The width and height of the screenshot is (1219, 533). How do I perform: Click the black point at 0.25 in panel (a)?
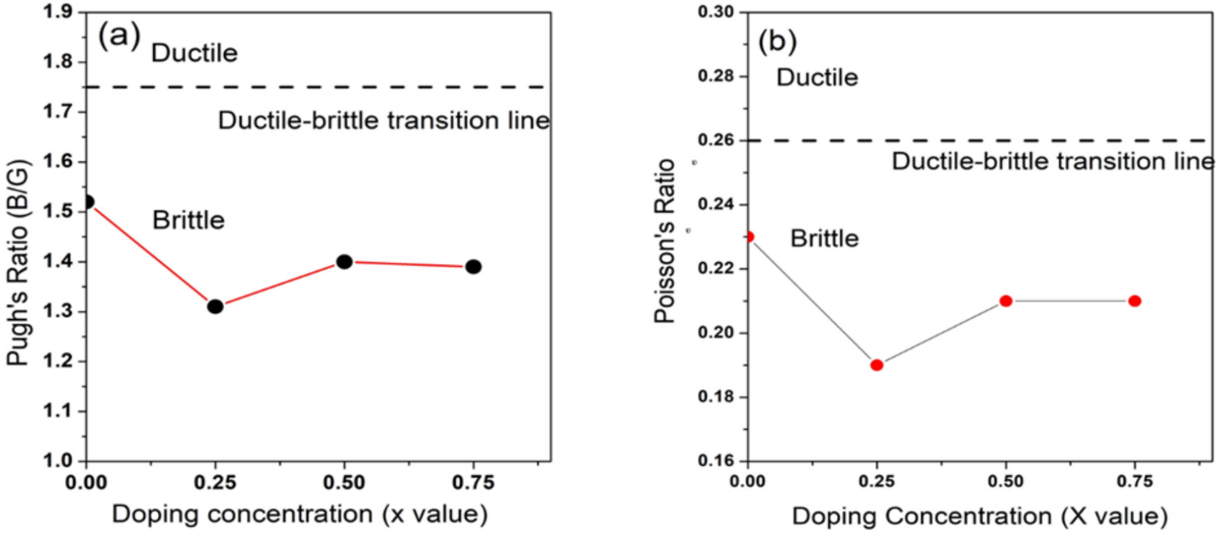click(215, 306)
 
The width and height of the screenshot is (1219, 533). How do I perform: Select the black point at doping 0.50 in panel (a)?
click(345, 261)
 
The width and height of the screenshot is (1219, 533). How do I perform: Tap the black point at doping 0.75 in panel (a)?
click(473, 266)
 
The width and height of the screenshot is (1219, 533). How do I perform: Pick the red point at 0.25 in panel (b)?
click(877, 365)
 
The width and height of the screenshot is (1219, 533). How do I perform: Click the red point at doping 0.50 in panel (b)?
click(1006, 301)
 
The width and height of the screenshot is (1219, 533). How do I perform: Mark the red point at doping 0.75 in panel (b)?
click(1135, 301)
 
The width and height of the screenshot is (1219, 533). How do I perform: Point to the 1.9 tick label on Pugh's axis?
click(57, 12)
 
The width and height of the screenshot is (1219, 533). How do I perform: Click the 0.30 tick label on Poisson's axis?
click(715, 12)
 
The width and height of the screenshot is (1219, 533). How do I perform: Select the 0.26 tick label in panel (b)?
click(715, 140)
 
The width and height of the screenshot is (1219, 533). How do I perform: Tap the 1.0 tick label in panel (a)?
click(57, 460)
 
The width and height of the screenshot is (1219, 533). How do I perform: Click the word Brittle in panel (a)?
click(189, 220)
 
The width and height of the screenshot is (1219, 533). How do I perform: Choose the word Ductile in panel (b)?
click(817, 77)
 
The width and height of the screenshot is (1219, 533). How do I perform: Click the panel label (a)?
click(119, 36)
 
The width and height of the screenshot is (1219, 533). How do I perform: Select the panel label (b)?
click(777, 42)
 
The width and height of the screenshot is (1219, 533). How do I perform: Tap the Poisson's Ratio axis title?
click(665, 241)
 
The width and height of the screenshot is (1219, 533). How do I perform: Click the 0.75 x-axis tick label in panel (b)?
click(1135, 481)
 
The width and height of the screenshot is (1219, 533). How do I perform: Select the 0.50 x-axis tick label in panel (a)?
click(344, 483)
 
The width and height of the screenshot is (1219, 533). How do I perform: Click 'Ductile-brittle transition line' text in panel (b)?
click(1053, 161)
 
